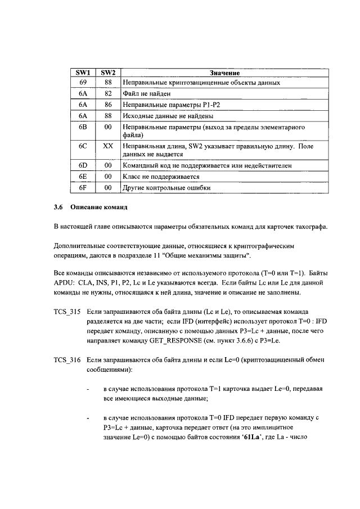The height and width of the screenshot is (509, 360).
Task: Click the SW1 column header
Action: (x=83, y=73)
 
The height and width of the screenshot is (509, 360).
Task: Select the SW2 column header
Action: (x=107, y=73)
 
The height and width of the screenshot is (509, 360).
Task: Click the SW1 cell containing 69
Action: (x=83, y=83)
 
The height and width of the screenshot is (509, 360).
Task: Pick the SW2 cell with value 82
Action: (x=107, y=93)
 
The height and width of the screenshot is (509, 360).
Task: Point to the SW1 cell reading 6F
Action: (x=83, y=188)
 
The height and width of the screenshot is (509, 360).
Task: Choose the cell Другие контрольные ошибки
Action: (x=166, y=188)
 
